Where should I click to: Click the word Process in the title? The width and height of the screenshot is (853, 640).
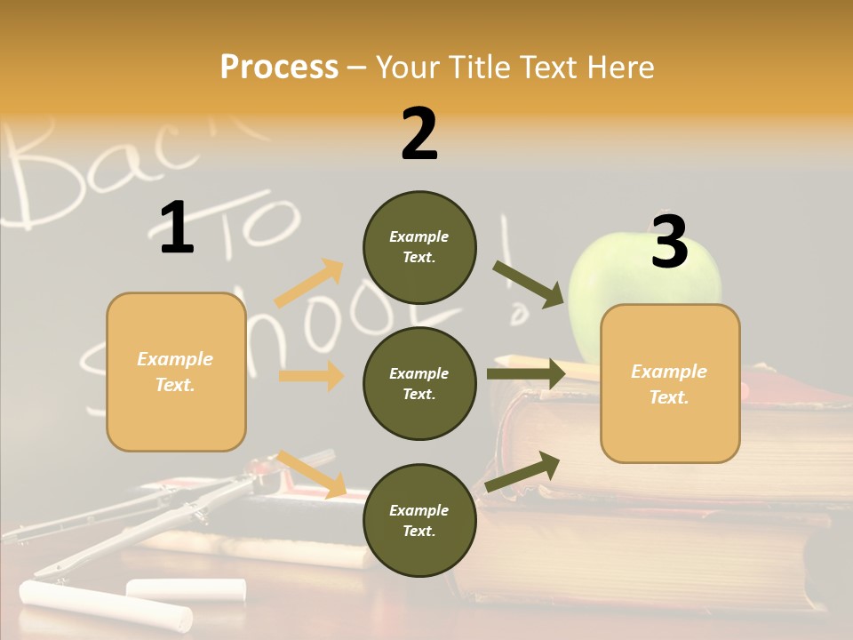[x=279, y=68]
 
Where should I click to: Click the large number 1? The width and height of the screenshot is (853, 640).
[x=177, y=228]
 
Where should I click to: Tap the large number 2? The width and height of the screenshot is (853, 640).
[x=419, y=134]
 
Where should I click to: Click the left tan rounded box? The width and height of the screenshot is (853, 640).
[x=176, y=372]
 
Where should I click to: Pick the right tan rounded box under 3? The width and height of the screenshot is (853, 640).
[x=670, y=383]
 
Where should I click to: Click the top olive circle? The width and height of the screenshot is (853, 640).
[x=419, y=247]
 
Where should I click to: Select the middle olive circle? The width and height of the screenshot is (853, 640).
[x=419, y=383]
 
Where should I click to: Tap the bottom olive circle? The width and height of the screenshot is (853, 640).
[x=419, y=520]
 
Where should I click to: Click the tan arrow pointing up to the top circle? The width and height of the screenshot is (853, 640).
[x=309, y=284]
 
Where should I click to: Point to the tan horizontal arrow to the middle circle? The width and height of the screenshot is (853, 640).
[x=311, y=376]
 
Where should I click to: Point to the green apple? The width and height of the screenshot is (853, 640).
[x=644, y=276]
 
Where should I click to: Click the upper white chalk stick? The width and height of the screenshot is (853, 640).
[x=186, y=588]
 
